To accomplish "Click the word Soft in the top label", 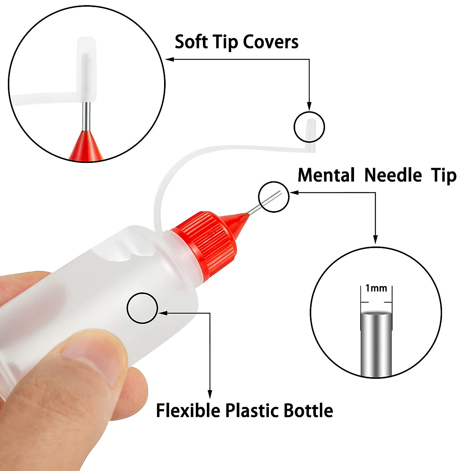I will (190, 42).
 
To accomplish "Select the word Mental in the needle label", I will (326, 175).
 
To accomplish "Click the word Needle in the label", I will (393, 175).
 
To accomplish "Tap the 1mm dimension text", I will (376, 288).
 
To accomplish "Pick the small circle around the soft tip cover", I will (309, 127).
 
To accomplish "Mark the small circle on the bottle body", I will (142, 308).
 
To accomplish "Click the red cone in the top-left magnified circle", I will (86, 147).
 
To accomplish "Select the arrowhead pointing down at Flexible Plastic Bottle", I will (210, 394).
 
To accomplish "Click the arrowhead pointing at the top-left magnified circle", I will (170, 60).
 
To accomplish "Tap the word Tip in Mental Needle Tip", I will (444, 175).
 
